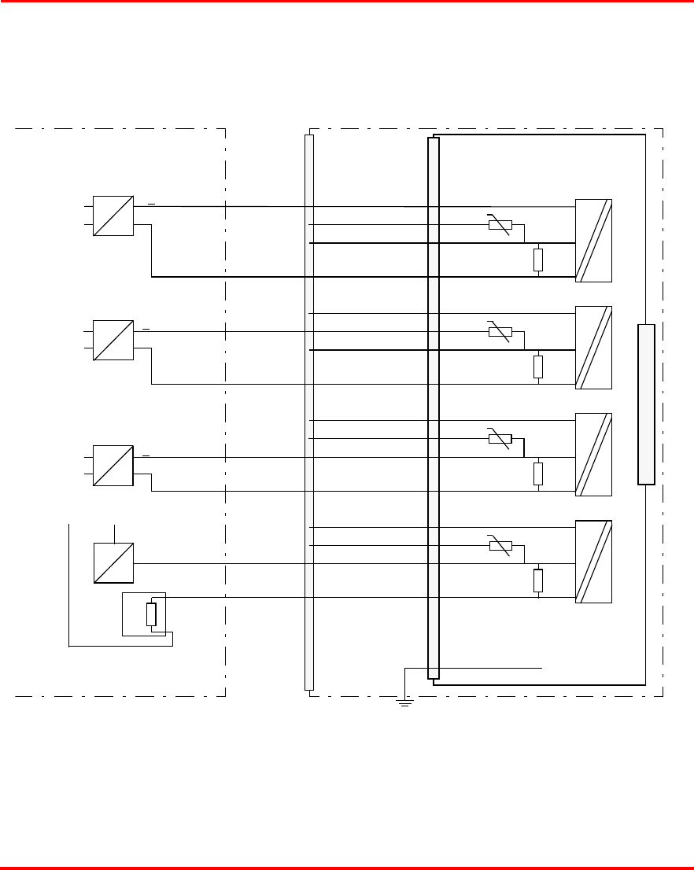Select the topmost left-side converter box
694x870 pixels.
113,216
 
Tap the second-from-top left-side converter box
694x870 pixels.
113,340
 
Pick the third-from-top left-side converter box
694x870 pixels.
113,465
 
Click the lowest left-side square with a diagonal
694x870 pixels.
113,563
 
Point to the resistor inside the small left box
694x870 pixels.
151,614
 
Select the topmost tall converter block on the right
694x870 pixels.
593,241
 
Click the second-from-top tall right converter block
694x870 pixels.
593,348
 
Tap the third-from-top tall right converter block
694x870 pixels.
593,455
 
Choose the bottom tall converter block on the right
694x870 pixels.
593,562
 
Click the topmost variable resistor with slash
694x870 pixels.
500,226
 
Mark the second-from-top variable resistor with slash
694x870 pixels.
500,332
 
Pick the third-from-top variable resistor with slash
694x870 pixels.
500,439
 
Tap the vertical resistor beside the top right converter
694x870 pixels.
538,260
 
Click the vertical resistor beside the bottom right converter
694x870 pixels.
538,581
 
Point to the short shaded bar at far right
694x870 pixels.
646,404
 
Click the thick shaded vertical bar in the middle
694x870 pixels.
433,407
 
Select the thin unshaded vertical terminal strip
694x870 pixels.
308,412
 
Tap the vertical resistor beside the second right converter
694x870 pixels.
538,367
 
